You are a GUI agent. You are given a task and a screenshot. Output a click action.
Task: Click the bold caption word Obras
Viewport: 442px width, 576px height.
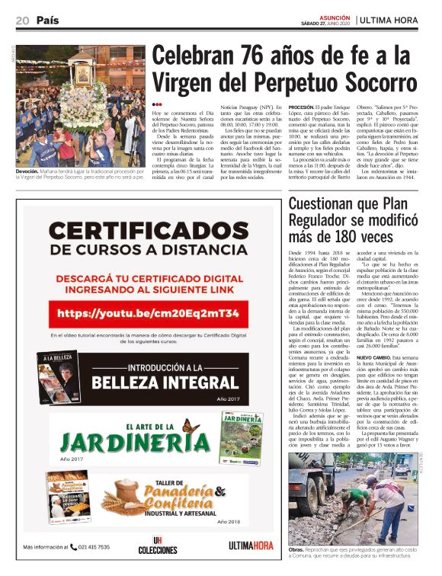pyautogui.click(x=296, y=549)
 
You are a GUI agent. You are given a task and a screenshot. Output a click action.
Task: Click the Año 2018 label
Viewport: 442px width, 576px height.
pyautogui.click(x=228, y=522)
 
